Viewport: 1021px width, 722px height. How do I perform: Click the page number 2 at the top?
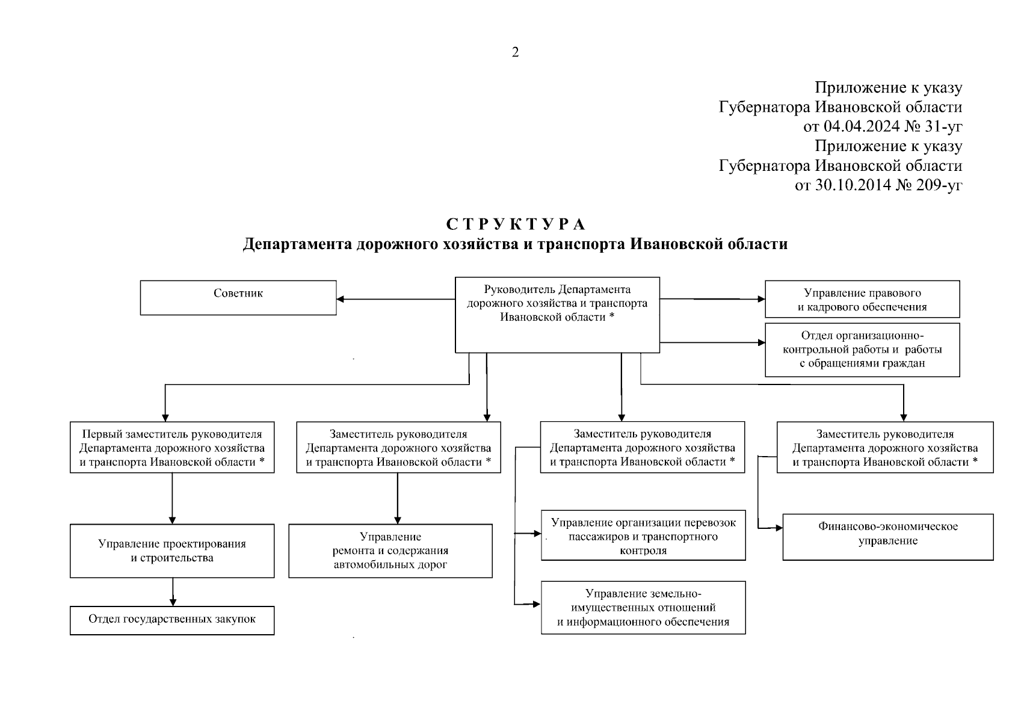coord(515,53)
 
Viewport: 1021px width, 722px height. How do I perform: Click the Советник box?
coord(238,297)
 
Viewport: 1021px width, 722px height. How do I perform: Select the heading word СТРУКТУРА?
coord(516,225)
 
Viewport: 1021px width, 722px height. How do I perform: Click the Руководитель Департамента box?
coord(557,314)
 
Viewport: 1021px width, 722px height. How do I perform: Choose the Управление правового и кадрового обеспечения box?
coord(862,299)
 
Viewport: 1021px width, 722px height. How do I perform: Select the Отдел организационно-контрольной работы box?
coord(862,350)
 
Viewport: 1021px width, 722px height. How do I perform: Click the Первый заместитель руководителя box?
coord(172,447)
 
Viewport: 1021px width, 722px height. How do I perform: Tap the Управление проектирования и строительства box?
coord(172,551)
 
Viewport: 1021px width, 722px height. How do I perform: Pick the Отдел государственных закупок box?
coord(172,620)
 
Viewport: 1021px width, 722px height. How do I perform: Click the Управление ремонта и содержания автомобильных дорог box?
coord(390,551)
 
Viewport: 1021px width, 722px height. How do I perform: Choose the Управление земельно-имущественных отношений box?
coord(643,607)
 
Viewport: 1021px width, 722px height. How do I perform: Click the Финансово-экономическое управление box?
coord(887,536)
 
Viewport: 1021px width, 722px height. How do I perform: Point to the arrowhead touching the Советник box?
coord(341,298)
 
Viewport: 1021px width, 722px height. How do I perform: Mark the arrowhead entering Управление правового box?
coord(761,298)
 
